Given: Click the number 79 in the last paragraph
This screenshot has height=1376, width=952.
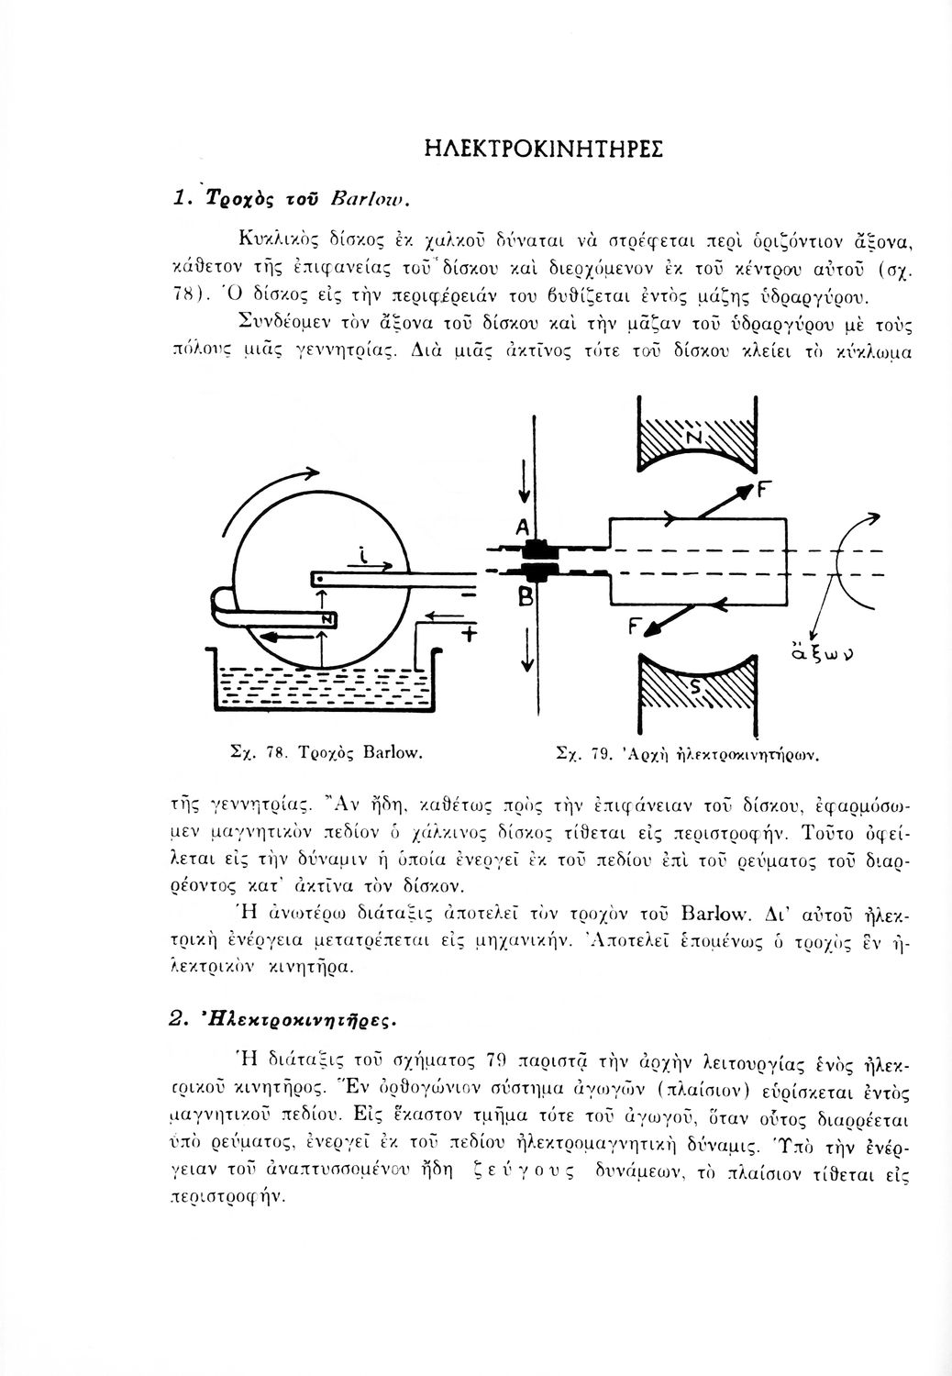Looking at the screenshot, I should click(x=493, y=1062).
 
